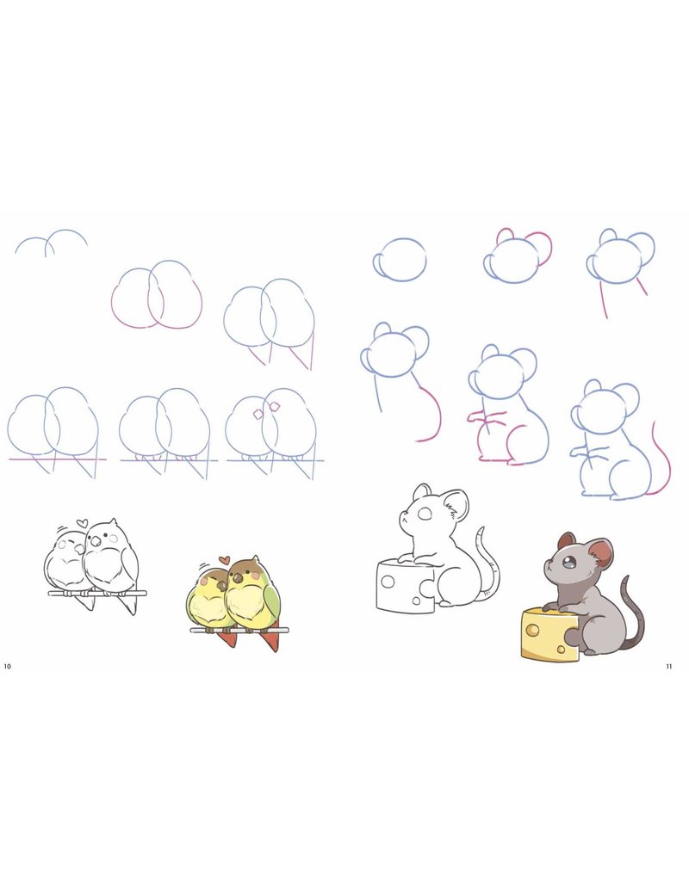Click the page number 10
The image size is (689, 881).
tap(8, 666)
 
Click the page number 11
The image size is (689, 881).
tap(669, 666)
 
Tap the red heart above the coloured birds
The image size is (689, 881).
tap(224, 560)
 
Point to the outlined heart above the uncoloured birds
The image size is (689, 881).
tap(82, 522)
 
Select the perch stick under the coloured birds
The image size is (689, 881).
tap(239, 631)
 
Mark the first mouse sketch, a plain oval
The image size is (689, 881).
tap(400, 260)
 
